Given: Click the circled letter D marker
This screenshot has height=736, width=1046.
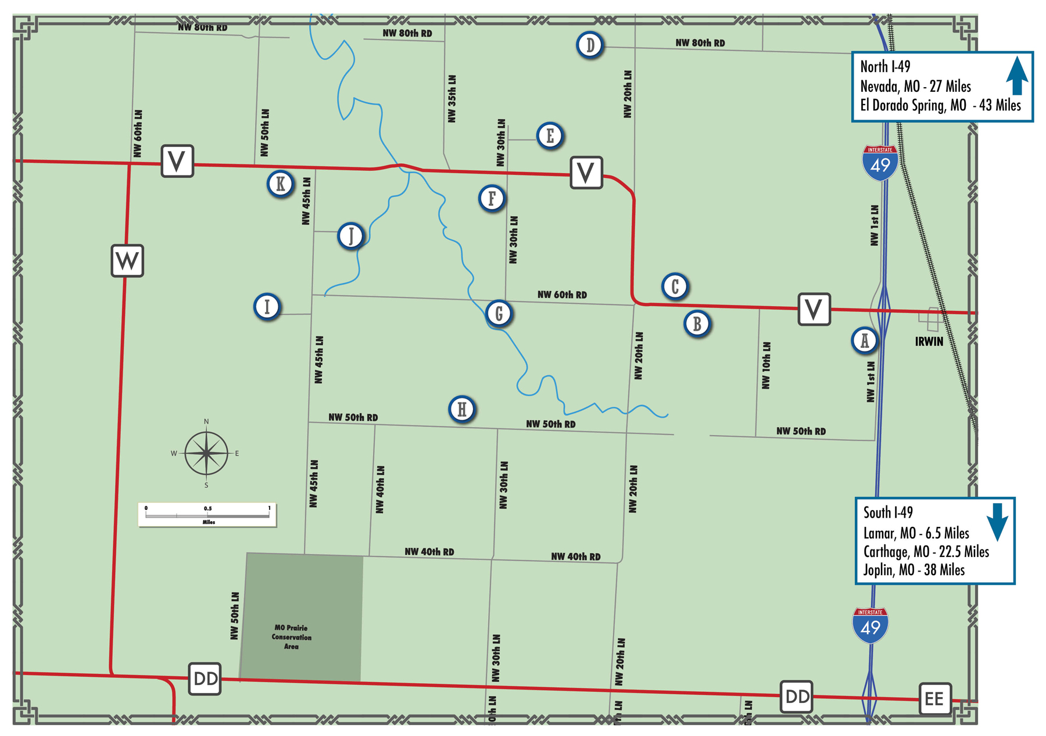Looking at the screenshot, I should pos(590,45).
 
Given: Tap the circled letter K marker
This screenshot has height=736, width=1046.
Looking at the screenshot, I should pos(280,184).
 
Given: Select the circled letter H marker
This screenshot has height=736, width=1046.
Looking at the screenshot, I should pos(462,409).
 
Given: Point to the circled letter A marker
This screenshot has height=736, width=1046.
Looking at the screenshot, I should pos(864,340).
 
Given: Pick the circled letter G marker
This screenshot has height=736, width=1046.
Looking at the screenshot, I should pos(499,313).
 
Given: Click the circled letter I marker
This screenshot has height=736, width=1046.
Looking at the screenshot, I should pos(267,306).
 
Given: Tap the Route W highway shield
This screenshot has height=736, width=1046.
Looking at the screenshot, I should pos(127,260).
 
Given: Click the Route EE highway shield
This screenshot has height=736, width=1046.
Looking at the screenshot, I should pos(934,698).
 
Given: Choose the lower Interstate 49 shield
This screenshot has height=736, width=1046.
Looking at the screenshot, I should pos(870,625).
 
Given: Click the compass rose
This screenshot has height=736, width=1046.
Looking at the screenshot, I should pos(206,453).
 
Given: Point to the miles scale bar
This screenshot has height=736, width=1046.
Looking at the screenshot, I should pos(207,515).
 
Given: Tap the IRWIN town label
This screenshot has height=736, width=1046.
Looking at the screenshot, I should pos(929,342).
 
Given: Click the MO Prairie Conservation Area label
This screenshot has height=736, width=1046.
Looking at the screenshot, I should pos(291,637).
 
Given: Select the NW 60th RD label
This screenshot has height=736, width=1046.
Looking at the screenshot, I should pos(562,295).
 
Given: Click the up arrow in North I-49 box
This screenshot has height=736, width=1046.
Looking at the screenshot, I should pos(1016,76).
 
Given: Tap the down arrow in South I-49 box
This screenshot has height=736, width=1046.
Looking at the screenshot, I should pos(998,522).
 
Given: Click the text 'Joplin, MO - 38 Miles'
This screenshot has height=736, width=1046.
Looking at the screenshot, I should pos(914,570).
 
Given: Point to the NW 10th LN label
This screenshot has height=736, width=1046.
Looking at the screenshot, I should pos(766,365).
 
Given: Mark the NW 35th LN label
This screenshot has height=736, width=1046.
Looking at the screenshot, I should pos(452,98).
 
